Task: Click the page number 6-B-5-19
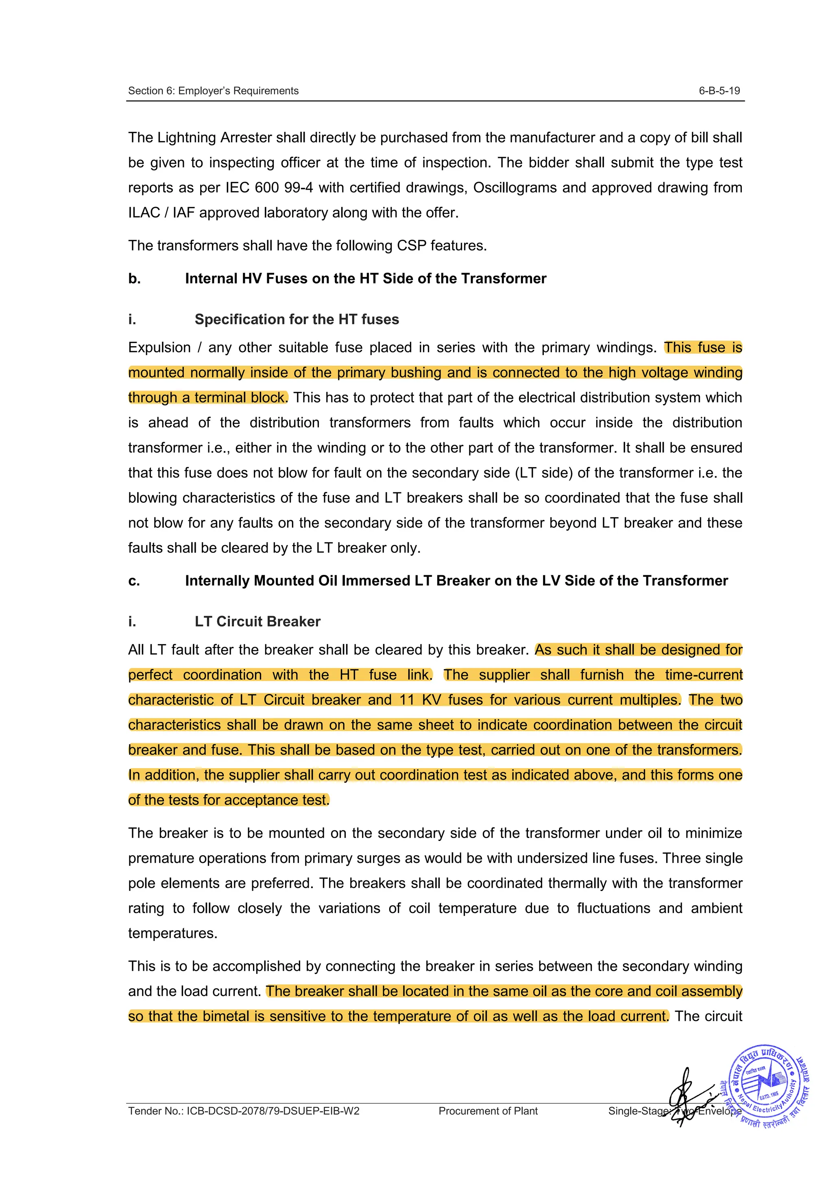tap(719, 91)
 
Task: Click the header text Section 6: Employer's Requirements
tap(213, 91)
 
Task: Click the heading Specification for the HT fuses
tap(296, 319)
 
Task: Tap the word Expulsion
tap(159, 348)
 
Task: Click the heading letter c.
tap(134, 581)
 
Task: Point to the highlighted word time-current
tap(703, 675)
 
